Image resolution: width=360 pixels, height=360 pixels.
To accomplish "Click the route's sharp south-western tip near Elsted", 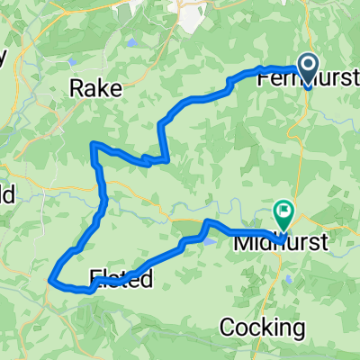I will pyautogui.click(x=50, y=279).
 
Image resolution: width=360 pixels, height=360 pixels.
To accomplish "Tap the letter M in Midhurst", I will pyautogui.click(x=242, y=242).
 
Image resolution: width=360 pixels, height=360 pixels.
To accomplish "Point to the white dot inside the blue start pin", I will pyautogui.click(x=307, y=63).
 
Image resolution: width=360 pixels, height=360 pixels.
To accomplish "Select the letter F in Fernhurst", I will pyautogui.click(x=263, y=79).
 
